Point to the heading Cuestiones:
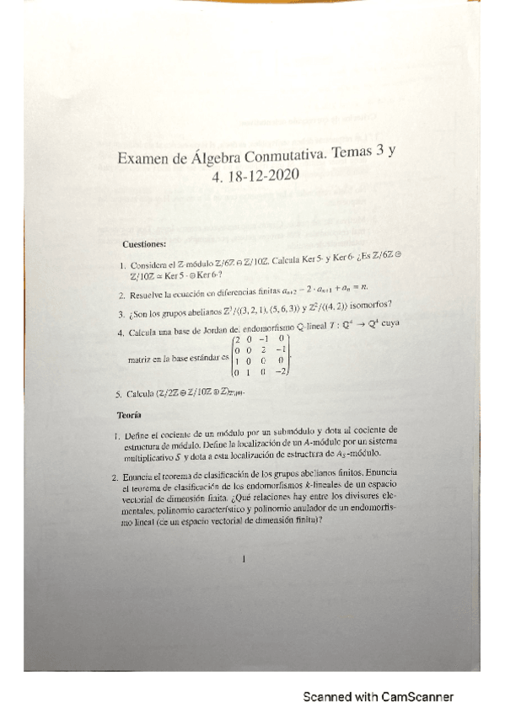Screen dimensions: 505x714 click(x=144, y=244)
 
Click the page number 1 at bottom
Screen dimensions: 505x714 click(x=243, y=557)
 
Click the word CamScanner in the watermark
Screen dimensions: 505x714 click(x=416, y=697)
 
